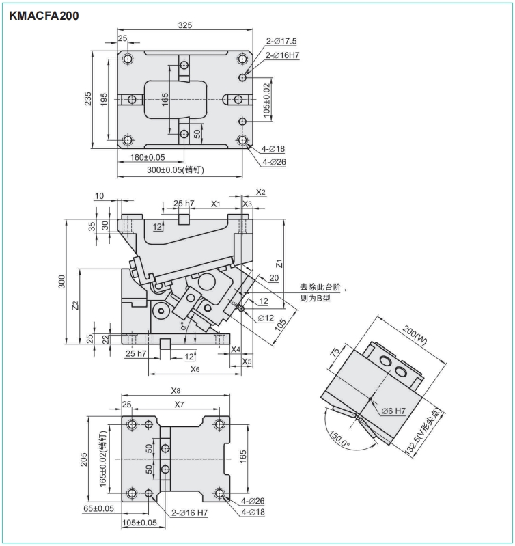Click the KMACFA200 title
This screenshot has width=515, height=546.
44,16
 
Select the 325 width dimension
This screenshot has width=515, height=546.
185,25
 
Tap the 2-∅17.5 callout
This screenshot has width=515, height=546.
281,41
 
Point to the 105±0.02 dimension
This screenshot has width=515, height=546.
267,100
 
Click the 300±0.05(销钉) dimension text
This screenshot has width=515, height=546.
176,169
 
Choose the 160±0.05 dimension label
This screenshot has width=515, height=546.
148,157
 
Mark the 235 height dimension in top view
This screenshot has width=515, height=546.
88,98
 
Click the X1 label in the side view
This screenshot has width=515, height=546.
216,204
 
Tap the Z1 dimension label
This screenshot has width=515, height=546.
279,264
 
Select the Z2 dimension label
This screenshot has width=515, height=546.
75,305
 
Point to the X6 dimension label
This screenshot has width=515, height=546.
195,369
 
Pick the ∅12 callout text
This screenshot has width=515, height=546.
266,318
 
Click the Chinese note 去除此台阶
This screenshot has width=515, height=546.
320,287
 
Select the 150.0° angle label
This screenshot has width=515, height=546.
339,439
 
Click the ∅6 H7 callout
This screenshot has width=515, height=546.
393,411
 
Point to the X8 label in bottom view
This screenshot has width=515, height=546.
176,391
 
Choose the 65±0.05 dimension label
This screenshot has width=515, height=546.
98,508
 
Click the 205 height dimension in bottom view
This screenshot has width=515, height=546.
83,460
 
